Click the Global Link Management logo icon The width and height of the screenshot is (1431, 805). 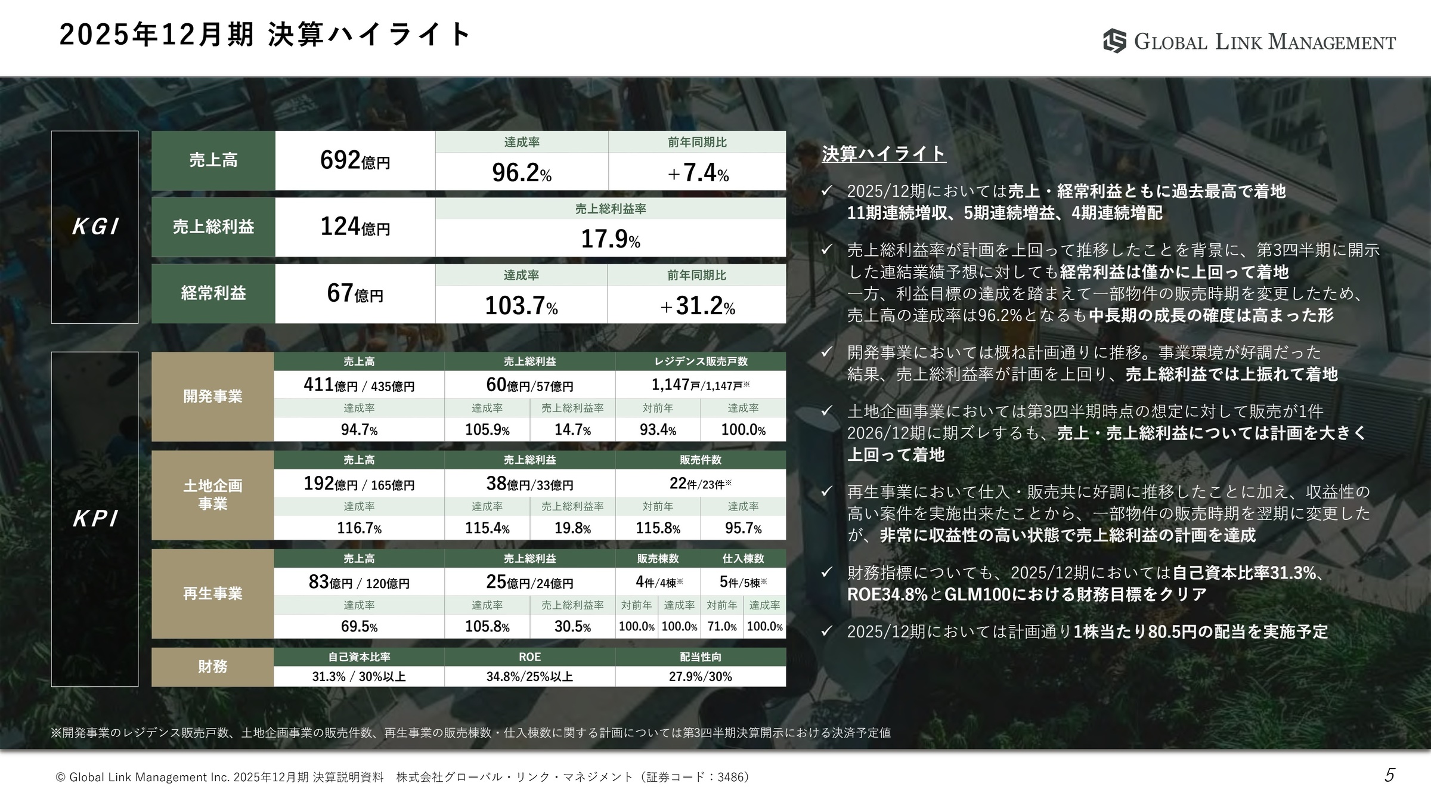coord(1114,41)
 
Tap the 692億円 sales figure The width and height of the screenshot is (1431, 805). coord(355,160)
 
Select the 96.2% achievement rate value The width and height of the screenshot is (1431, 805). coord(521,172)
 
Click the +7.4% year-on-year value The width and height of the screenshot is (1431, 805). coord(698,173)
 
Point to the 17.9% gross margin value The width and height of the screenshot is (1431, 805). coord(611,239)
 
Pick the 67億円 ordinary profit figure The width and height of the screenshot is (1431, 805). coord(355,293)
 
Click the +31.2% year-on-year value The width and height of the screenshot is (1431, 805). coord(697,306)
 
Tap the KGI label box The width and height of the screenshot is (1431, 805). coord(95,227)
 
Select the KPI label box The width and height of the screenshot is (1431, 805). coord(95,519)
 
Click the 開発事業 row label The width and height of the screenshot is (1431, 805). coord(213,397)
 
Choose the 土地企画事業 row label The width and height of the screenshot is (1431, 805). coord(213,495)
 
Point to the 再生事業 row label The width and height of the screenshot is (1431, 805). coord(213,594)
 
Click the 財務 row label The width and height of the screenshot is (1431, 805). coord(213,667)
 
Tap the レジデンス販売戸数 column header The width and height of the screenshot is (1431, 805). coord(701,361)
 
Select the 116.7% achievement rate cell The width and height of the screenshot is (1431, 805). coord(359,528)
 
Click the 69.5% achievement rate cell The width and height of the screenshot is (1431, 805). coord(359,627)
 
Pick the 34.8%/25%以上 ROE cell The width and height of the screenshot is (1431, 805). coord(529,676)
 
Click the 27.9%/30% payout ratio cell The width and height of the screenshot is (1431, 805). coord(701,676)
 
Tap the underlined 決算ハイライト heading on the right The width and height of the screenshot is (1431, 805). coord(883,154)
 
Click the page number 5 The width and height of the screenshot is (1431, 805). coord(1389,775)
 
